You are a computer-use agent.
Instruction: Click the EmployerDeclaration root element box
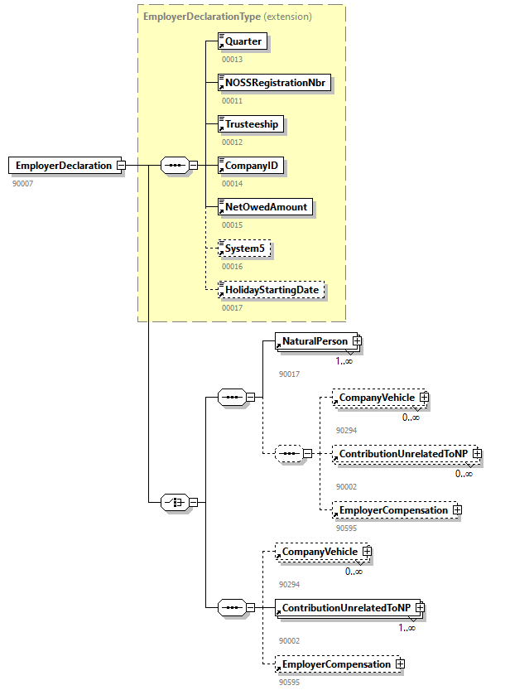coord(61,166)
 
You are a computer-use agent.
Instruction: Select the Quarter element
coord(243,41)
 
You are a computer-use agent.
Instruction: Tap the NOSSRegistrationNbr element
coord(275,83)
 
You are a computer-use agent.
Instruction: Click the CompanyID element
coord(251,166)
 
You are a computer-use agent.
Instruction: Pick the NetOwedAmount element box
coord(265,207)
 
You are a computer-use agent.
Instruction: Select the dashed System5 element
coord(245,249)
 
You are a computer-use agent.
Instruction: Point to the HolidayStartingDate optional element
coord(271,291)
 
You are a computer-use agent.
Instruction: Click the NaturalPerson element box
coord(315,341)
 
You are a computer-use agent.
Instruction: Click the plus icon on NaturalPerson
coord(357,341)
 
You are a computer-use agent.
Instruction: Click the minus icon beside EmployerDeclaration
coord(121,166)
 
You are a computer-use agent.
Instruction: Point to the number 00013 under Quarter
coord(232,59)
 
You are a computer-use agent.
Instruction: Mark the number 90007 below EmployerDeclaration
coord(23,182)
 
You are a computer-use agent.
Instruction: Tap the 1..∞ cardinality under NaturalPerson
coord(344,361)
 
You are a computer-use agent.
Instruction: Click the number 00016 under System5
coord(232,266)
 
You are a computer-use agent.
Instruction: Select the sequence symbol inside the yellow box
coord(174,165)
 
